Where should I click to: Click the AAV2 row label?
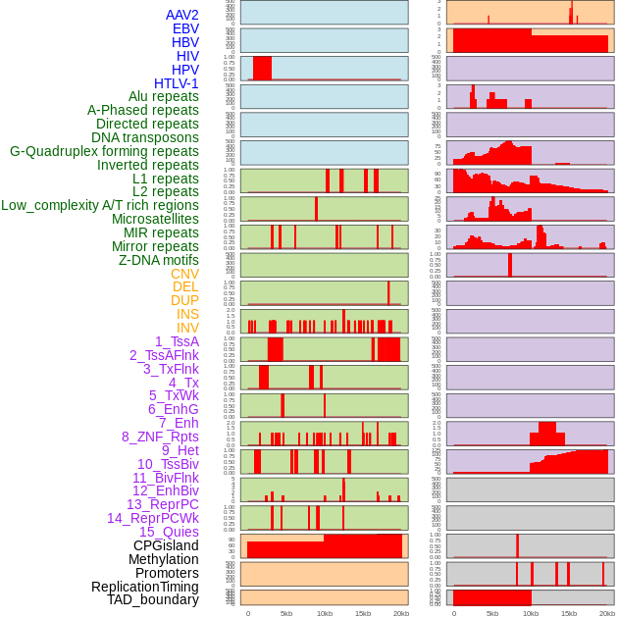[182, 15]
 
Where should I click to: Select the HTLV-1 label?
[177, 83]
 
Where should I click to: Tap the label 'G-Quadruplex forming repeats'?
[104, 151]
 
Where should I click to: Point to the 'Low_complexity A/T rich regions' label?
[100, 205]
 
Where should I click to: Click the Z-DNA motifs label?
[159, 260]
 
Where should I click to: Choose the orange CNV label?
[184, 274]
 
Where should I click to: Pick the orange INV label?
[187, 328]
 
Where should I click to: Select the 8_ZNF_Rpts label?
[160, 437]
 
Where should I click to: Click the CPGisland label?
[166, 545]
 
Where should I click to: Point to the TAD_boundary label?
[153, 599]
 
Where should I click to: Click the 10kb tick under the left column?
[324, 613]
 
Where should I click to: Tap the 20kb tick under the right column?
[607, 613]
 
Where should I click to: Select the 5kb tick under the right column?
[491, 613]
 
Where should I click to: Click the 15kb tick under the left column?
[362, 613]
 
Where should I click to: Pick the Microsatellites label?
[155, 219]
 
